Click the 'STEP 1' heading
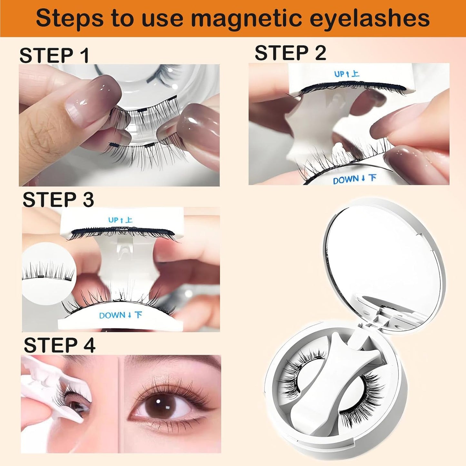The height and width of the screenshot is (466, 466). [x=55, y=55]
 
